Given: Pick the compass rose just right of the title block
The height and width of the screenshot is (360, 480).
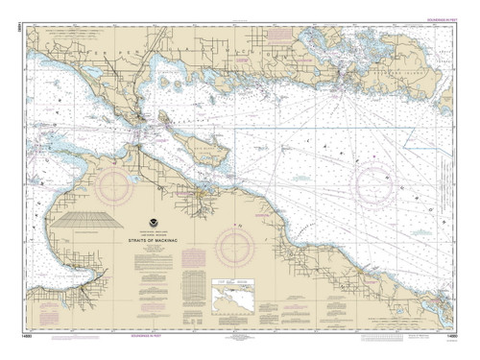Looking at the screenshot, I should coord(234,247).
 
